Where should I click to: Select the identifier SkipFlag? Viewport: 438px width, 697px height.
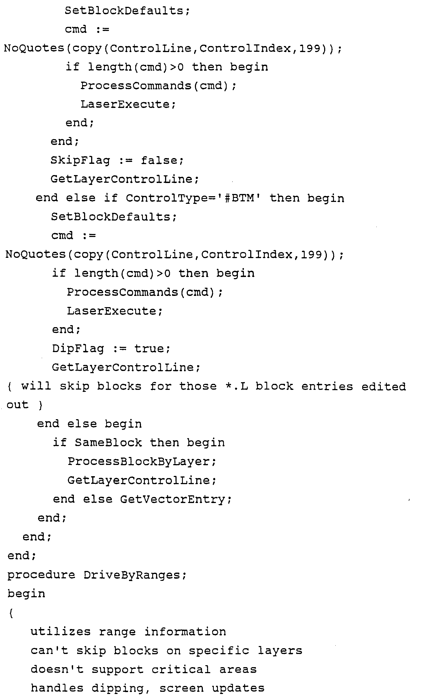pos(80,160)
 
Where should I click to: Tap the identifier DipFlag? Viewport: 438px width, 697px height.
pos(78,348)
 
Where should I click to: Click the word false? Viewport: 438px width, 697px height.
pos(162,160)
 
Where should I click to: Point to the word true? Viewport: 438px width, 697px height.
pos(152,348)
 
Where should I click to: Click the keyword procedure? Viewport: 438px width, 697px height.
pos(41,575)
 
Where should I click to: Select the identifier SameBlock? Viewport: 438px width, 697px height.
pos(108,443)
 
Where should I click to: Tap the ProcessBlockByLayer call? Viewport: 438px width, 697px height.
pos(142,462)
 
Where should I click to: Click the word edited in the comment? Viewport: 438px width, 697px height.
pos(384,386)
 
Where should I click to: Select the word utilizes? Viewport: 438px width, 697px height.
pos(60,632)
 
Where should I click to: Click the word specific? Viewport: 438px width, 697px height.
pos(219,651)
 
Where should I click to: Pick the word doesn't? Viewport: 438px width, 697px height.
pos(57,670)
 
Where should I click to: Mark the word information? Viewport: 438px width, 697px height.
pos(185,632)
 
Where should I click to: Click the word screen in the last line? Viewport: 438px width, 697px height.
pos(181,688)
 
